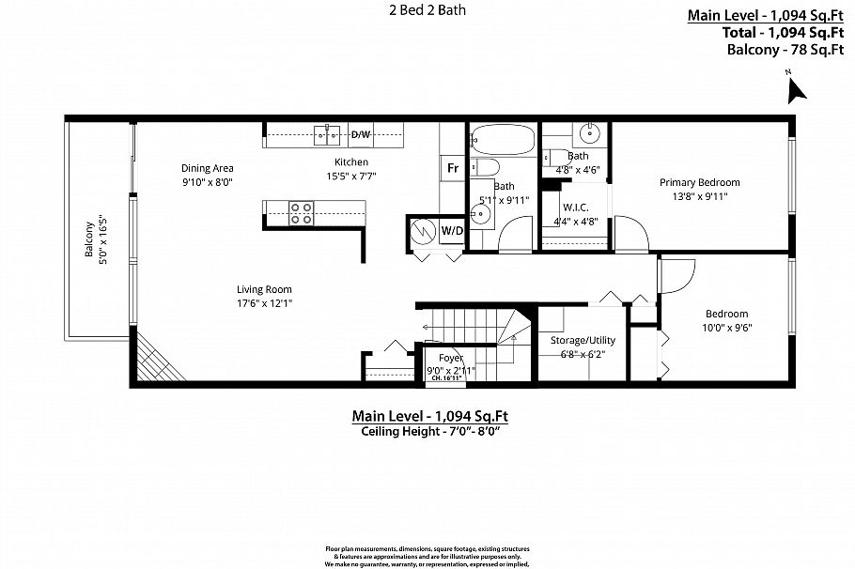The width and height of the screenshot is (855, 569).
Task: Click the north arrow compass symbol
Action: [x=797, y=89]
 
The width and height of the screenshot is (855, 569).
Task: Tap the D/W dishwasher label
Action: [x=361, y=135]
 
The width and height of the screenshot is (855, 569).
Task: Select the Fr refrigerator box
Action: [x=452, y=168]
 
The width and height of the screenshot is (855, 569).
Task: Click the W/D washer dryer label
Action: [x=452, y=230]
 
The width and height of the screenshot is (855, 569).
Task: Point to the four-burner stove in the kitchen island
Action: [x=301, y=213]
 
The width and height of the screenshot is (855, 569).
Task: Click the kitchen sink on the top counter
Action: [x=328, y=135]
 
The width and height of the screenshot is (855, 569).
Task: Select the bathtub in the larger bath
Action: [x=502, y=140]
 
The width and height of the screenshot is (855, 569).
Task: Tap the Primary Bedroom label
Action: [x=699, y=182]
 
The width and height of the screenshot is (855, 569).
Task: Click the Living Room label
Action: [x=264, y=289]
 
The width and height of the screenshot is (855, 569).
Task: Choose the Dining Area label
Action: [x=207, y=169]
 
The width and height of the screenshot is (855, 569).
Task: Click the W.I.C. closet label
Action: [x=575, y=208]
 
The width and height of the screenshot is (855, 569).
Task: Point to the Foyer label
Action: [x=451, y=358]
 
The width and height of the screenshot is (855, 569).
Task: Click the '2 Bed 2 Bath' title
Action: [x=428, y=11]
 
